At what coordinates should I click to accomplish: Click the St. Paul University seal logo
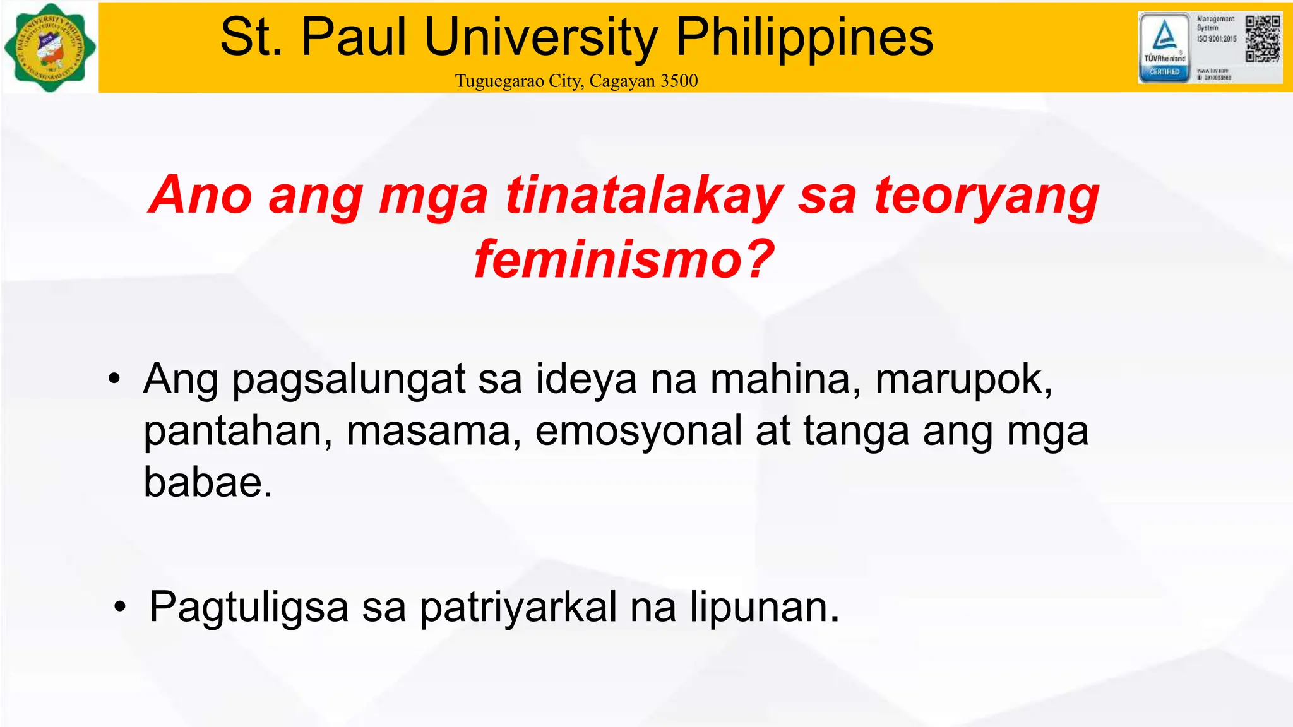pyautogui.click(x=50, y=47)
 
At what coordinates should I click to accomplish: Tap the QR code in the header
pyautogui.click(x=1263, y=38)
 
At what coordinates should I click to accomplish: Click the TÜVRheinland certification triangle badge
pyautogui.click(x=1164, y=37)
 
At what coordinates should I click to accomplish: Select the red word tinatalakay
pyautogui.click(x=644, y=195)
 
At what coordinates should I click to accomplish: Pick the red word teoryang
pyautogui.click(x=987, y=195)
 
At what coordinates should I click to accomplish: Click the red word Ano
pyautogui.click(x=201, y=195)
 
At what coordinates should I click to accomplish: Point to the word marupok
pyautogui.click(x=963, y=381)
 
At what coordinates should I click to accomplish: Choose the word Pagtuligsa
pyautogui.click(x=249, y=608)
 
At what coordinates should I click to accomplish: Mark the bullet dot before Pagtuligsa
pyautogui.click(x=120, y=608)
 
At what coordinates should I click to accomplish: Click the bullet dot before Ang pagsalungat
pyautogui.click(x=114, y=379)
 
